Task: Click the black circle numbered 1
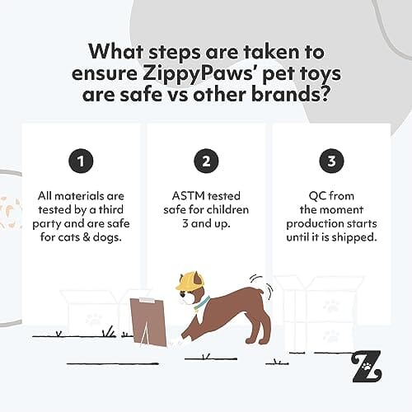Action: [x=80, y=162]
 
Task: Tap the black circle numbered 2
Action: [x=206, y=162]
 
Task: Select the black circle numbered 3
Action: [x=331, y=162]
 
